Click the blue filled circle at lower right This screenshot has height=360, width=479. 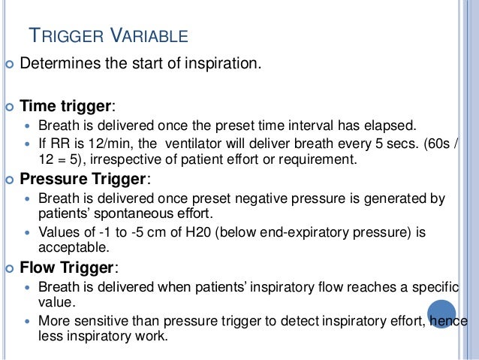[x=441, y=313]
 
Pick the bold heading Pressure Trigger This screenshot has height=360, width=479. [x=83, y=180]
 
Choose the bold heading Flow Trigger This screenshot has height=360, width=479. [x=68, y=268]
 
